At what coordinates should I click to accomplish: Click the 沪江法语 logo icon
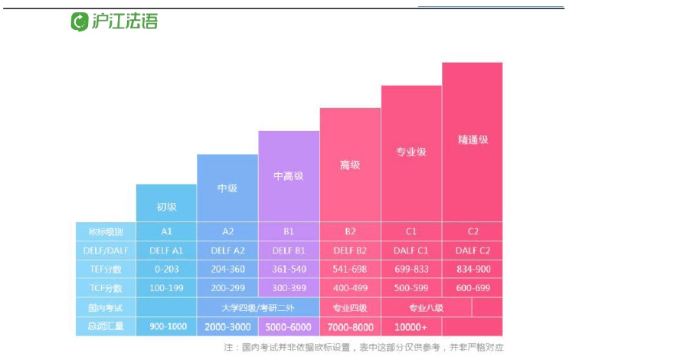pyautogui.click(x=80, y=21)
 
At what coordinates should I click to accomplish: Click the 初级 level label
pyautogui.click(x=166, y=206)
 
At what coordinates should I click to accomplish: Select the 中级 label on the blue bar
pyautogui.click(x=227, y=188)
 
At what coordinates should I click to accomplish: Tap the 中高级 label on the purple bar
pyautogui.click(x=288, y=176)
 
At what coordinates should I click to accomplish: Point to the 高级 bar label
pyautogui.click(x=349, y=165)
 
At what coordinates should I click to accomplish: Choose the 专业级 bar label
pyautogui.click(x=411, y=152)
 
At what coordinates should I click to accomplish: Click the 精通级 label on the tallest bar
pyautogui.click(x=473, y=140)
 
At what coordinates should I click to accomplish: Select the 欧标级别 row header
pyautogui.click(x=106, y=231)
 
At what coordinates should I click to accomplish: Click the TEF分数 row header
pyautogui.click(x=106, y=270)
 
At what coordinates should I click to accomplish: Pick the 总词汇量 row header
pyautogui.click(x=106, y=326)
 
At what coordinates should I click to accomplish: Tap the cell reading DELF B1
pyautogui.click(x=288, y=250)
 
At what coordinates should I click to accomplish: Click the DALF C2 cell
pyautogui.click(x=472, y=250)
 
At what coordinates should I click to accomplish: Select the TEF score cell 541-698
pyautogui.click(x=349, y=270)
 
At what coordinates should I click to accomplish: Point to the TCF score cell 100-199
pyautogui.click(x=166, y=289)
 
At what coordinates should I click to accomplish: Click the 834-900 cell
pyautogui.click(x=472, y=270)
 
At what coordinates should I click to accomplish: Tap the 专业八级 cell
pyautogui.click(x=426, y=308)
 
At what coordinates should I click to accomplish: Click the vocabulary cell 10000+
pyautogui.click(x=411, y=326)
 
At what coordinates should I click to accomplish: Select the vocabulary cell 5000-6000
pyautogui.click(x=288, y=326)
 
